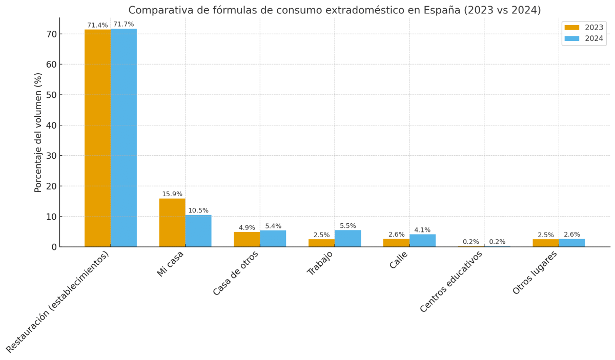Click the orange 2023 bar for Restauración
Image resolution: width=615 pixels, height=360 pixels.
97,138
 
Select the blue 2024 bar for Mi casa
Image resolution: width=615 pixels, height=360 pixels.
198,231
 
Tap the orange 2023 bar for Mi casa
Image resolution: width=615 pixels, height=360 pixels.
172,223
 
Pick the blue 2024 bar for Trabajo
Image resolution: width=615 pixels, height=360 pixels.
347,239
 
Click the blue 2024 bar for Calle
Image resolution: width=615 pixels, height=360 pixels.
422,241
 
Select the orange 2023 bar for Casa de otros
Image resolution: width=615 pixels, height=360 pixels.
247,240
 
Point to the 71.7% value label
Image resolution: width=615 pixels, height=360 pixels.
124,25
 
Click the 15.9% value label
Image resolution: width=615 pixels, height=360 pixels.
172,194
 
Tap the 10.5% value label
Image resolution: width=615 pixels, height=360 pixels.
198,210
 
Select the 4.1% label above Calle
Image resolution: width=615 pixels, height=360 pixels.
422,230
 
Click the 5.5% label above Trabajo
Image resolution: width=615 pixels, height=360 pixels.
347,226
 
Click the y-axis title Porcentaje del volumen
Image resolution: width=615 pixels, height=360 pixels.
38,132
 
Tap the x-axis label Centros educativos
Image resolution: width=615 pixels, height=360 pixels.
452,282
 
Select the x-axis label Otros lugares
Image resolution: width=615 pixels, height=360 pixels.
535,273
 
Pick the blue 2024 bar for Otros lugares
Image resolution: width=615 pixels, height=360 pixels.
571,243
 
